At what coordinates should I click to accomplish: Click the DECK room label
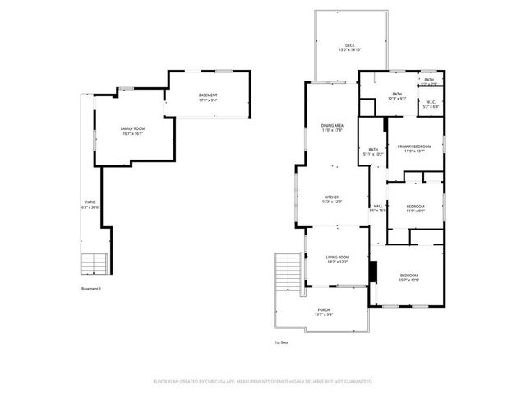tap(350, 46)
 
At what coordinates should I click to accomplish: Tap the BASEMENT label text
tap(208, 96)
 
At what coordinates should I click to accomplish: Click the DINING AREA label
tap(332, 125)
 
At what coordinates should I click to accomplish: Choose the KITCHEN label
tap(332, 197)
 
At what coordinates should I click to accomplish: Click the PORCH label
tap(324, 310)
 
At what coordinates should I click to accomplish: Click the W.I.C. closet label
tap(431, 102)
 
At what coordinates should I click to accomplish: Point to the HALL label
tap(377, 206)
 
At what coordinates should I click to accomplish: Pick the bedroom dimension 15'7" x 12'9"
tap(408, 280)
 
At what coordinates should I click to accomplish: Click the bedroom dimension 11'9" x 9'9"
tap(415, 211)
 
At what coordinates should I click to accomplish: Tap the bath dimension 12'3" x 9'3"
tap(397, 99)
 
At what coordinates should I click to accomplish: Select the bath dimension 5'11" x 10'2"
tap(373, 154)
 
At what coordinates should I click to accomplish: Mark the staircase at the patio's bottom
tap(94, 263)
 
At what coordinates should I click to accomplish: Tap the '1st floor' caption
tap(282, 342)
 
